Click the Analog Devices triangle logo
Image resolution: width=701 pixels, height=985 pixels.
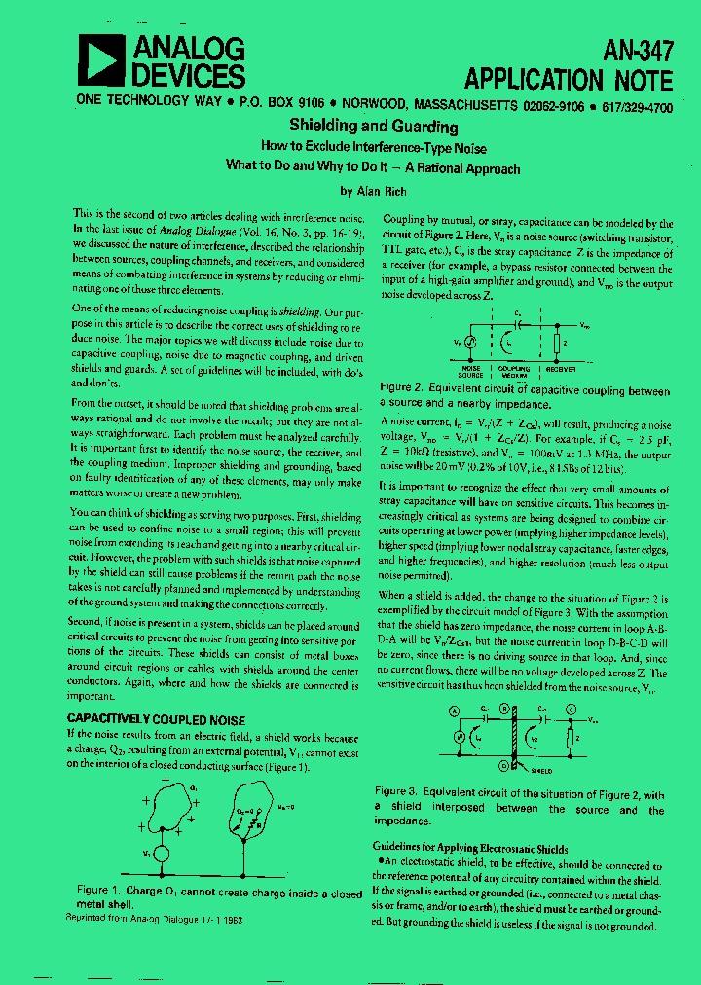(x=99, y=61)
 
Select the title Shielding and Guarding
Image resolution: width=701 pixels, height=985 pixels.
(x=373, y=127)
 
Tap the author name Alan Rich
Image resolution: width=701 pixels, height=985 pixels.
(x=373, y=191)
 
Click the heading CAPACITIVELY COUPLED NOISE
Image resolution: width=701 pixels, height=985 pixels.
(x=156, y=719)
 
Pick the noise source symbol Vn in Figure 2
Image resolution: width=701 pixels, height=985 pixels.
(x=468, y=342)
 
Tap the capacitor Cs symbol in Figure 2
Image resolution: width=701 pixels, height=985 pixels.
(x=516, y=324)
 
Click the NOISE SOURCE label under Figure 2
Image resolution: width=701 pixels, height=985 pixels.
(x=469, y=372)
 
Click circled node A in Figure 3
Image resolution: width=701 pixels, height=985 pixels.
(x=454, y=711)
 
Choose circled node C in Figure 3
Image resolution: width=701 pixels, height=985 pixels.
(x=572, y=711)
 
